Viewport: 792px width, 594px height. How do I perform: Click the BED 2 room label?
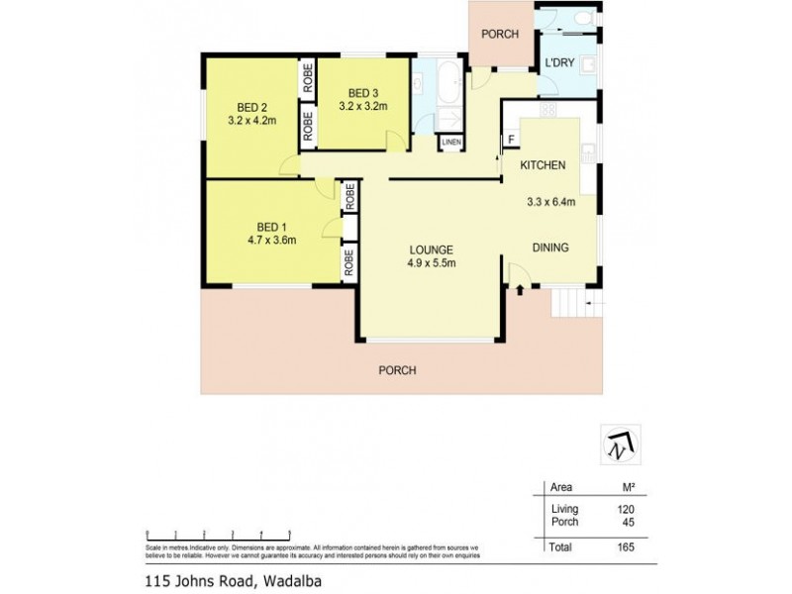(x=250, y=108)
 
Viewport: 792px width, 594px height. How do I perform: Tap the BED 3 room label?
(x=362, y=92)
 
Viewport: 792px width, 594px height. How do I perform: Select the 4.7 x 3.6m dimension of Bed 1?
(x=271, y=239)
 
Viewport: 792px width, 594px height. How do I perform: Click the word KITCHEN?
(x=543, y=165)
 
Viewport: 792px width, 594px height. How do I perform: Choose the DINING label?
(x=550, y=247)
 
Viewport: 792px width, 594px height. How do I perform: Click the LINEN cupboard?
(x=451, y=143)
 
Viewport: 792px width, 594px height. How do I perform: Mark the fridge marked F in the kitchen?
(x=512, y=140)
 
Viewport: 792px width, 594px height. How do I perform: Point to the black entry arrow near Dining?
(x=521, y=288)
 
